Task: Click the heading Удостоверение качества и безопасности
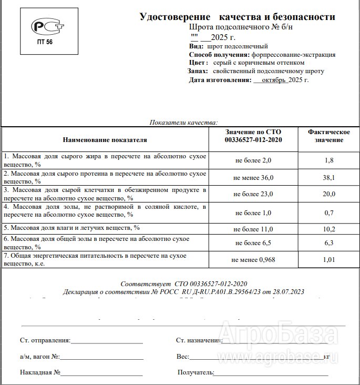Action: point(237,16)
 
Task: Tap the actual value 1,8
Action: point(328,160)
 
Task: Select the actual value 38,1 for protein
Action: point(328,178)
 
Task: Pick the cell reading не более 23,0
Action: point(253,194)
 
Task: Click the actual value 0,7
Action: point(328,212)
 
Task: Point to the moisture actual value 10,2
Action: point(328,229)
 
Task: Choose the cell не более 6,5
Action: point(253,244)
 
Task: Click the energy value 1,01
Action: point(328,259)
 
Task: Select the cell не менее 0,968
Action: point(253,260)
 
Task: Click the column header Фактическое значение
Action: point(328,136)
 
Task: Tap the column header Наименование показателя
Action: point(105,140)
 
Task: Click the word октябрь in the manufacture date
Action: point(272,80)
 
